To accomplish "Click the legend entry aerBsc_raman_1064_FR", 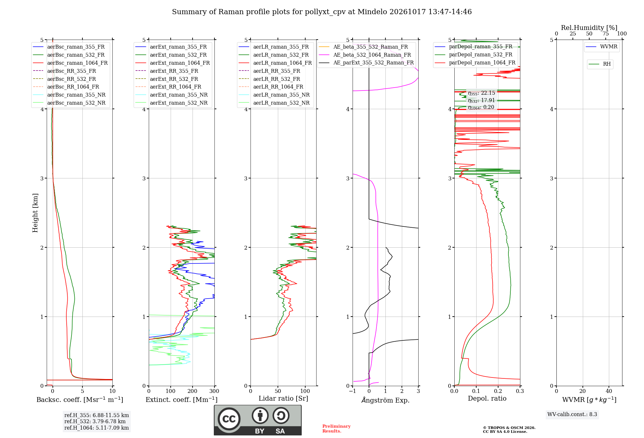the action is tap(70, 63).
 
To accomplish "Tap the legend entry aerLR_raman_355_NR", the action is tap(274, 95).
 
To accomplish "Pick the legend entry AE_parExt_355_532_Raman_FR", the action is tap(366, 62).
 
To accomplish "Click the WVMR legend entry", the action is tap(601, 47).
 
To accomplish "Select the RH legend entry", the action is tap(600, 64).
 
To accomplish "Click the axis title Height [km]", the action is tap(35, 213).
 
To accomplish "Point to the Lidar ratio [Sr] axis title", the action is tap(283, 398).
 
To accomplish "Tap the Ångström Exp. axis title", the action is tap(385, 400).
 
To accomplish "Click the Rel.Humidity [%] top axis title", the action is tap(589, 28).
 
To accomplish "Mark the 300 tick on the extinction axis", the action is tap(214, 391).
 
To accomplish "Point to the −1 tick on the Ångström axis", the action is tap(352, 391).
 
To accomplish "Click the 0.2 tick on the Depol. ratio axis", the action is tap(498, 391).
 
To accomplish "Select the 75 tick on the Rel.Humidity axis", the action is tap(605, 33).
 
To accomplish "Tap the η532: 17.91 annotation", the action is tap(481, 100).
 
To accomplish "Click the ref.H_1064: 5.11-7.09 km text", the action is tap(97, 428).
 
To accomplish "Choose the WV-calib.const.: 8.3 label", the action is tap(572, 414).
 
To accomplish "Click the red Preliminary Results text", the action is tap(336, 429).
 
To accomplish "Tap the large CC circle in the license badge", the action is tap(229, 419).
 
